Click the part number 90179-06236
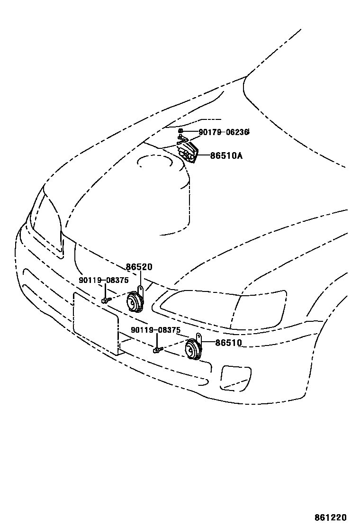click(x=224, y=132)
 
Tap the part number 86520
click(x=139, y=267)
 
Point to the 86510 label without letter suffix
click(x=228, y=343)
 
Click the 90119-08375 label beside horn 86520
click(x=103, y=281)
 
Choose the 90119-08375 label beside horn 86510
click(x=156, y=330)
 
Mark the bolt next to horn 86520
click(x=105, y=300)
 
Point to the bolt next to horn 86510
click(x=157, y=350)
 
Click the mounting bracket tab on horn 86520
click(x=140, y=290)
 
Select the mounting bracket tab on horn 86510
click(x=199, y=338)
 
